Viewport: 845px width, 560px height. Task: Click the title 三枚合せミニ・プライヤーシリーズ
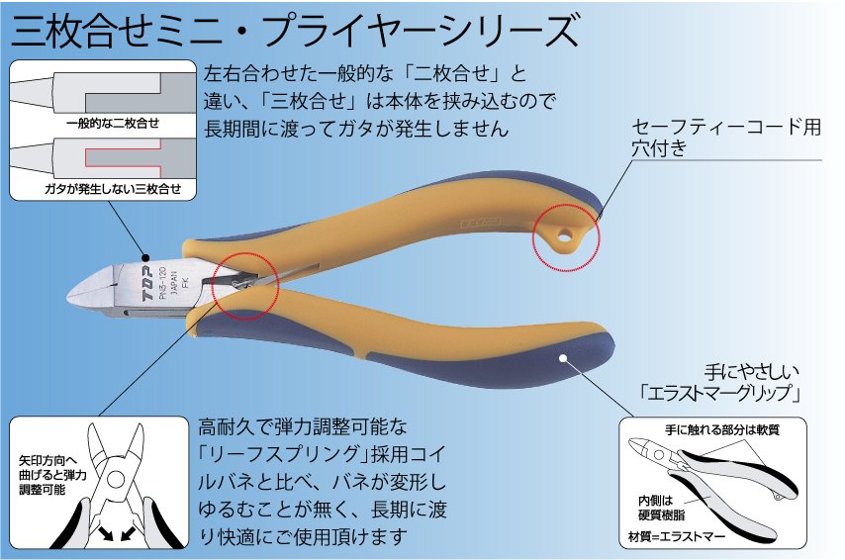pos(294,31)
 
